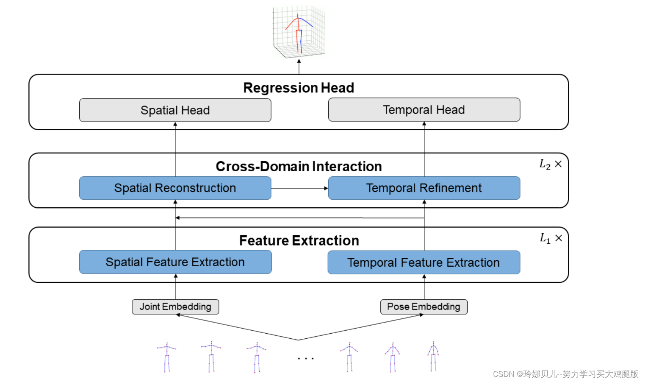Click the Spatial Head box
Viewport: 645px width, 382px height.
[175, 110]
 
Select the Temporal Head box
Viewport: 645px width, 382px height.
[424, 110]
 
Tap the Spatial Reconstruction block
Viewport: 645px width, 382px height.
[175, 188]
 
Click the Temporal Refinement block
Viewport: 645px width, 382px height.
[424, 188]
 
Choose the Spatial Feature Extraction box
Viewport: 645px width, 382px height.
[175, 262]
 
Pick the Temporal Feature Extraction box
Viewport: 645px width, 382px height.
[424, 262]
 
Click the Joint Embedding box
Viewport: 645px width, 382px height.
[175, 307]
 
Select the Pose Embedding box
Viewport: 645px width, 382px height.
[424, 307]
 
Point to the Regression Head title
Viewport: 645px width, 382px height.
[299, 88]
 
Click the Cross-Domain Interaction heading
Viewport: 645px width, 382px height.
[299, 167]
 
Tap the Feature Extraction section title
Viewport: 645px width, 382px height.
[299, 240]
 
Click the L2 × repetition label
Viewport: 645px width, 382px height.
[550, 165]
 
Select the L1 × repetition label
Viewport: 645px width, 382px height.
[551, 238]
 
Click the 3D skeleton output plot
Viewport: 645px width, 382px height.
[299, 32]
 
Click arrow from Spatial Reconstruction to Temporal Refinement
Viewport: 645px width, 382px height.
[299, 188]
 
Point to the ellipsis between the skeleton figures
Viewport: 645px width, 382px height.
[305, 359]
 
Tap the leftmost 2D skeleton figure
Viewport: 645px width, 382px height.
[167, 357]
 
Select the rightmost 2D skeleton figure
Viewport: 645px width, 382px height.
[433, 356]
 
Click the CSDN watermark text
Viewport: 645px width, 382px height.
[565, 374]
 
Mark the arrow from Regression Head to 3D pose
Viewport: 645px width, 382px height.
[299, 67]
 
